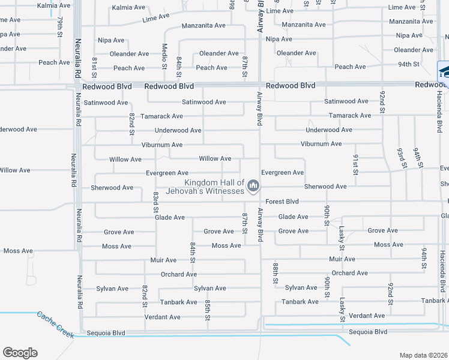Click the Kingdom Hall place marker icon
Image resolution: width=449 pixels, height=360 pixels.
tap(253, 187)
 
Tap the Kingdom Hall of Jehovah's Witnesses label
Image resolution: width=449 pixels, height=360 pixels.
tap(214, 187)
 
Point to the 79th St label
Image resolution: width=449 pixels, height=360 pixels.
tap(60, 26)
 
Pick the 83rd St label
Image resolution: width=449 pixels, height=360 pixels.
tap(155, 202)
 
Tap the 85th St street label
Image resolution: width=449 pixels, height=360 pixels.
tap(207, 308)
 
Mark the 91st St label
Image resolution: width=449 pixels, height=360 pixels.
tap(356, 164)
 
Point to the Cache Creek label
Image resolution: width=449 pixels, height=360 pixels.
tap(55, 324)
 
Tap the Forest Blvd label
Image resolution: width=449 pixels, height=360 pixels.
tap(282, 202)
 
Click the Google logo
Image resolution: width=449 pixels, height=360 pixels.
tap(20, 353)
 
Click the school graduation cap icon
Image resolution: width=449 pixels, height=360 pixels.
tap(444, 72)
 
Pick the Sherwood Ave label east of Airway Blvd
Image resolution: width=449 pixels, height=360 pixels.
tap(325, 187)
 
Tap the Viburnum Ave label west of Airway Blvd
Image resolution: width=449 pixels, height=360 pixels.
tap(161, 145)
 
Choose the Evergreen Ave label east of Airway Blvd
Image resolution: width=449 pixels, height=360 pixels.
tap(282, 173)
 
